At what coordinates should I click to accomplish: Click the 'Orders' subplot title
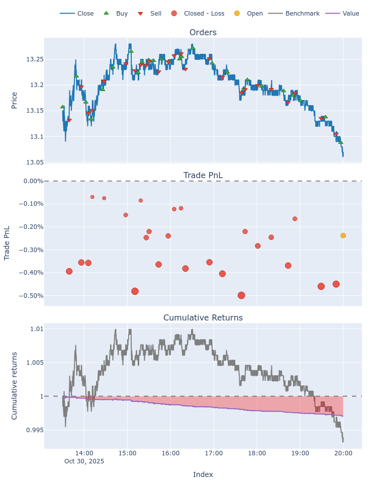(x=203, y=33)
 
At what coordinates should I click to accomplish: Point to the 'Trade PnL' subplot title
(x=203, y=175)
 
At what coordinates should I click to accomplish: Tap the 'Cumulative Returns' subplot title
(x=203, y=318)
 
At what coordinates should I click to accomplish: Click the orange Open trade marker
(x=343, y=235)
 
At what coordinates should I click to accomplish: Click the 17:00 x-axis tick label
(x=214, y=453)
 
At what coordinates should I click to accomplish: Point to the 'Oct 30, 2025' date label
(x=84, y=461)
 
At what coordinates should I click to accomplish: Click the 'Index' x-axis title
(x=203, y=474)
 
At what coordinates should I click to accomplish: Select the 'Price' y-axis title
(x=14, y=100)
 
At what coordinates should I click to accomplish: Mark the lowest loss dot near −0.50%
(x=241, y=295)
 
